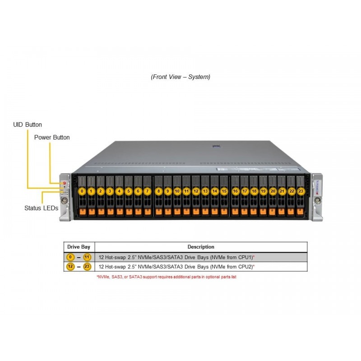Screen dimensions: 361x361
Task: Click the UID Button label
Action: [x=28, y=125]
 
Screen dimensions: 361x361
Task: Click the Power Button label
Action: [x=52, y=137]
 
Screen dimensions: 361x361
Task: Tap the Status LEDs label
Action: [x=41, y=208]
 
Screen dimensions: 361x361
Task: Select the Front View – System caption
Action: [x=180, y=77]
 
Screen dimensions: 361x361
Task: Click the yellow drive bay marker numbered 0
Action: [x=82, y=191]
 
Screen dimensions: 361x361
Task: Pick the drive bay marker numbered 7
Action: [x=148, y=191]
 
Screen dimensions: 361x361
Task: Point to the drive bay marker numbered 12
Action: [x=196, y=191]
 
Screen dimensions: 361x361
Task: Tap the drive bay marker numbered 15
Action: [x=224, y=191]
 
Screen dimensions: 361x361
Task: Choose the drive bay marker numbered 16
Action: [x=235, y=191]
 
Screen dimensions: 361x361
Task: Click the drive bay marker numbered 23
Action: [x=301, y=191]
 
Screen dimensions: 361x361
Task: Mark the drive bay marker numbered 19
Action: [x=263, y=191]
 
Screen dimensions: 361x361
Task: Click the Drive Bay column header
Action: [x=79, y=247]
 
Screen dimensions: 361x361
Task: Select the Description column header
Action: [x=201, y=247]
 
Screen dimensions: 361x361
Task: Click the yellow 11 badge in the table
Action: [x=87, y=257]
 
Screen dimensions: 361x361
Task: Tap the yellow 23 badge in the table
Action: [x=87, y=267]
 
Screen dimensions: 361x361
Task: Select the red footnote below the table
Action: [x=166, y=277]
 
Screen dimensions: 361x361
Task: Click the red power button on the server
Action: [x=65, y=184]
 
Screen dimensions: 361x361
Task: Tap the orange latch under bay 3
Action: [x=110, y=211]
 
